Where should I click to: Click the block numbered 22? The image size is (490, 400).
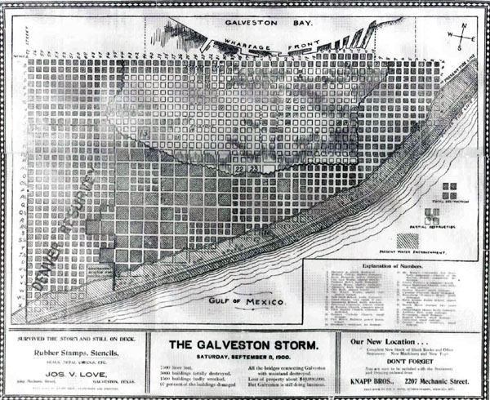coord(238,167)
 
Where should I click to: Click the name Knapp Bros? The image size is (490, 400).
coord(374,382)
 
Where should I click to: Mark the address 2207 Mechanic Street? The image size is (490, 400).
coord(441,382)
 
